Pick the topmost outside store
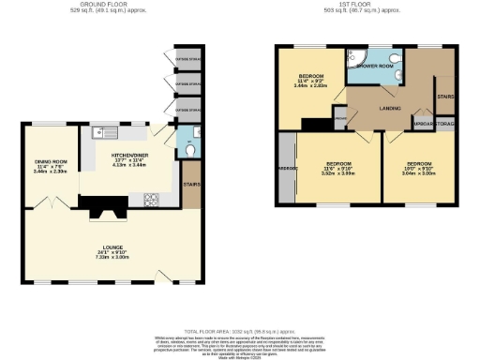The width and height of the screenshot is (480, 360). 188,54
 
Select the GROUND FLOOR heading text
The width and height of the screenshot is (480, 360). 97,5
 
